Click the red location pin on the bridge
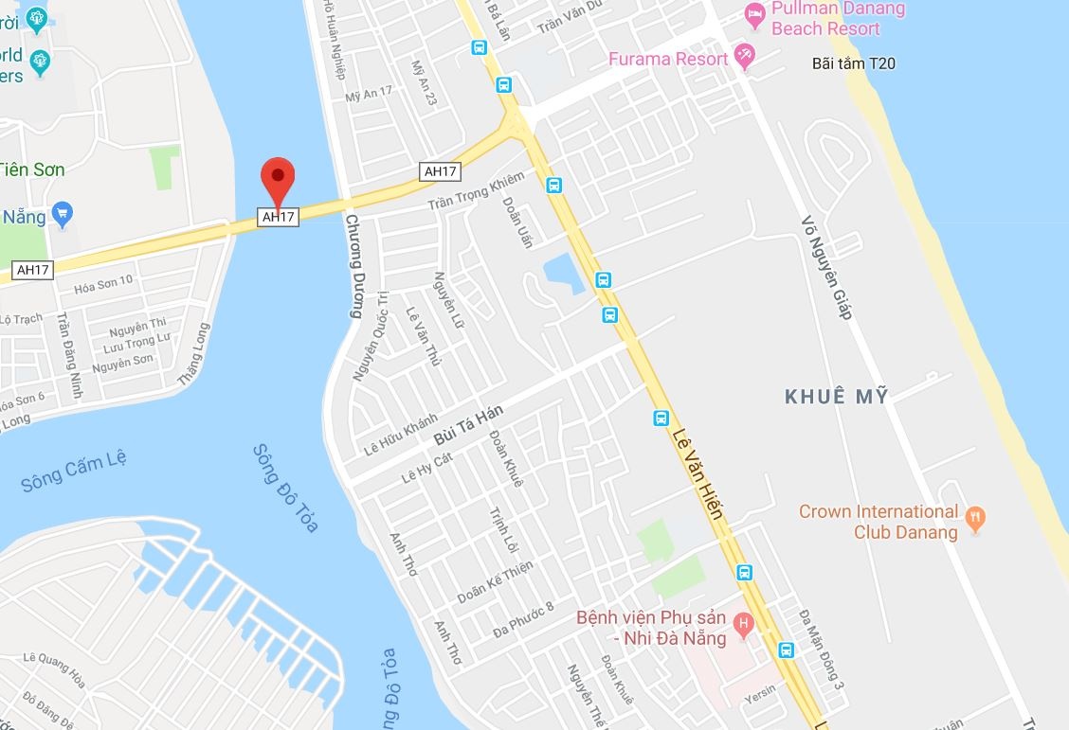click(x=278, y=177)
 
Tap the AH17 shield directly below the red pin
click(x=279, y=217)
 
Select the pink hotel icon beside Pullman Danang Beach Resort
click(x=754, y=13)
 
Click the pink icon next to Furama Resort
click(x=745, y=58)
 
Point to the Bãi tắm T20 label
click(x=854, y=63)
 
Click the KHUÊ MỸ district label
click(x=837, y=397)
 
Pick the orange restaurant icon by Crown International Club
click(x=975, y=517)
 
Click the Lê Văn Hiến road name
click(x=698, y=473)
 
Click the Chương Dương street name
click(x=354, y=266)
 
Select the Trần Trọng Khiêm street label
click(x=476, y=191)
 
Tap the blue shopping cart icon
click(x=63, y=214)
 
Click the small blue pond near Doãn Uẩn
click(x=563, y=273)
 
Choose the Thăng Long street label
click(x=192, y=355)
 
